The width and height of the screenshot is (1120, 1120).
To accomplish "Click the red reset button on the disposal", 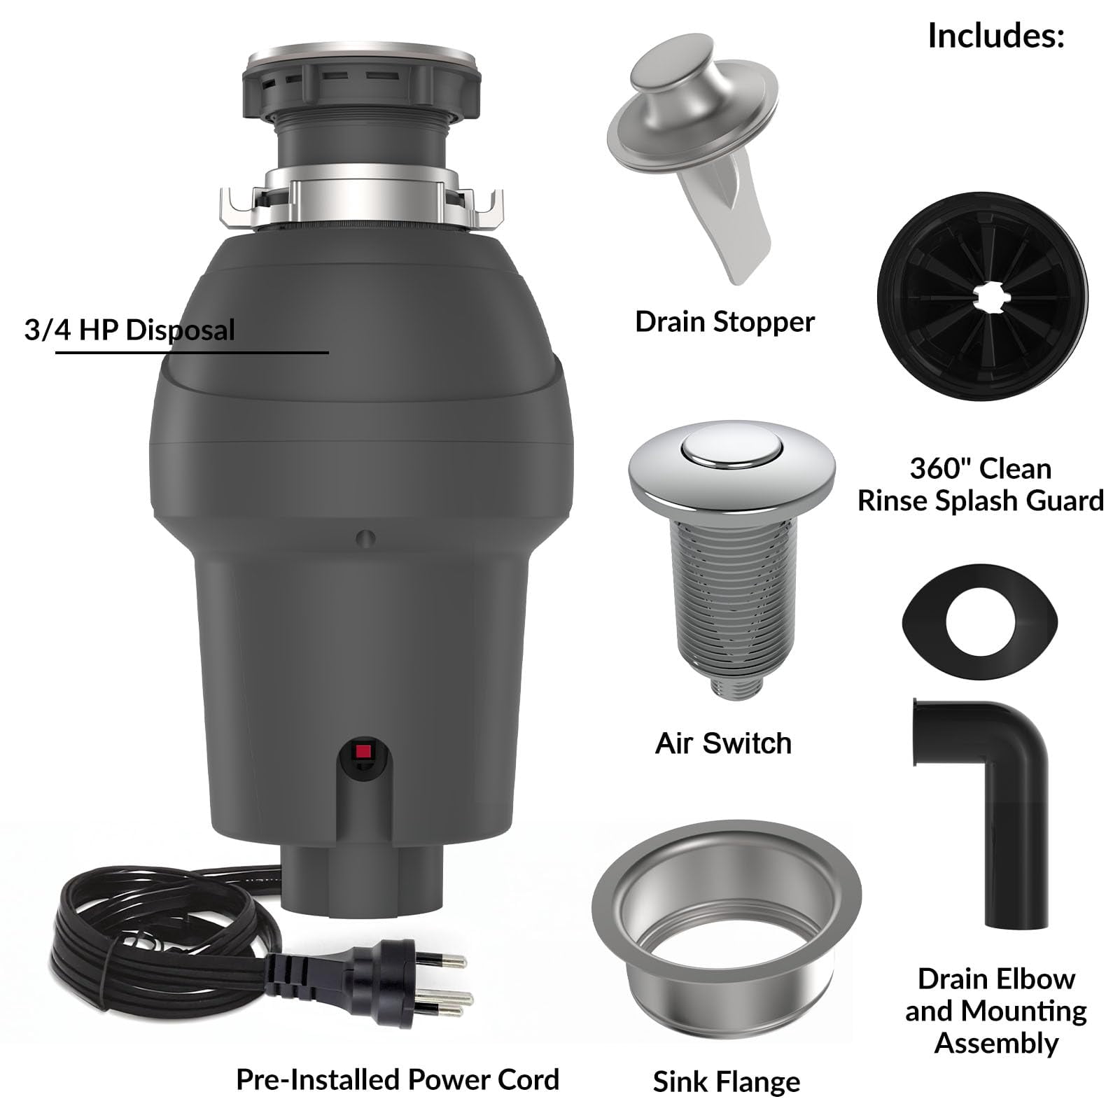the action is [x=363, y=752].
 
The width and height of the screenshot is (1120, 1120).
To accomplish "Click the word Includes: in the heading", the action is [x=995, y=36].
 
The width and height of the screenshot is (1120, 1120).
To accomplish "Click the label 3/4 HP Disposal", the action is [x=129, y=330].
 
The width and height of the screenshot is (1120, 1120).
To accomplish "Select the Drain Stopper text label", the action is [x=724, y=322].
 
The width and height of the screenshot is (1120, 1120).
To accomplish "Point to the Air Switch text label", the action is [x=723, y=743].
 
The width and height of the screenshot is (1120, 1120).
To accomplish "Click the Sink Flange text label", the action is [x=726, y=1081].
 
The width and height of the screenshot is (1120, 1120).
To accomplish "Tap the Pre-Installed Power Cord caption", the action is [x=398, y=1079].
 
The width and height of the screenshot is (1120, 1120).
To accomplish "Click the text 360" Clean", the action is [x=980, y=468].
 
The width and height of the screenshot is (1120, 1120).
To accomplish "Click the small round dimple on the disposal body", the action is [x=365, y=539].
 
